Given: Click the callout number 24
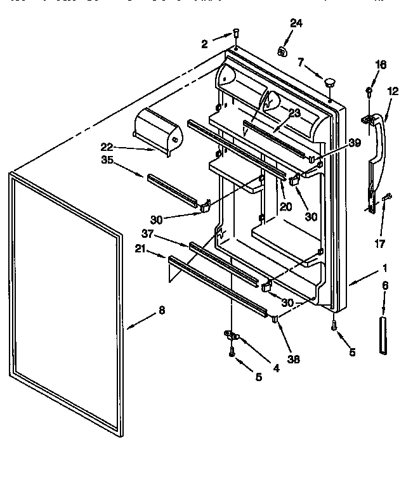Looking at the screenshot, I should pos(297,23).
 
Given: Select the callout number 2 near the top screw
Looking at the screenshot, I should pos(204,44).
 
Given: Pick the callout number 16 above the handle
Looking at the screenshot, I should pos(381,65).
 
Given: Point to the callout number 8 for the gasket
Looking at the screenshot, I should pos(161,311).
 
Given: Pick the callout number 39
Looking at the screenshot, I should pos(355,143).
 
